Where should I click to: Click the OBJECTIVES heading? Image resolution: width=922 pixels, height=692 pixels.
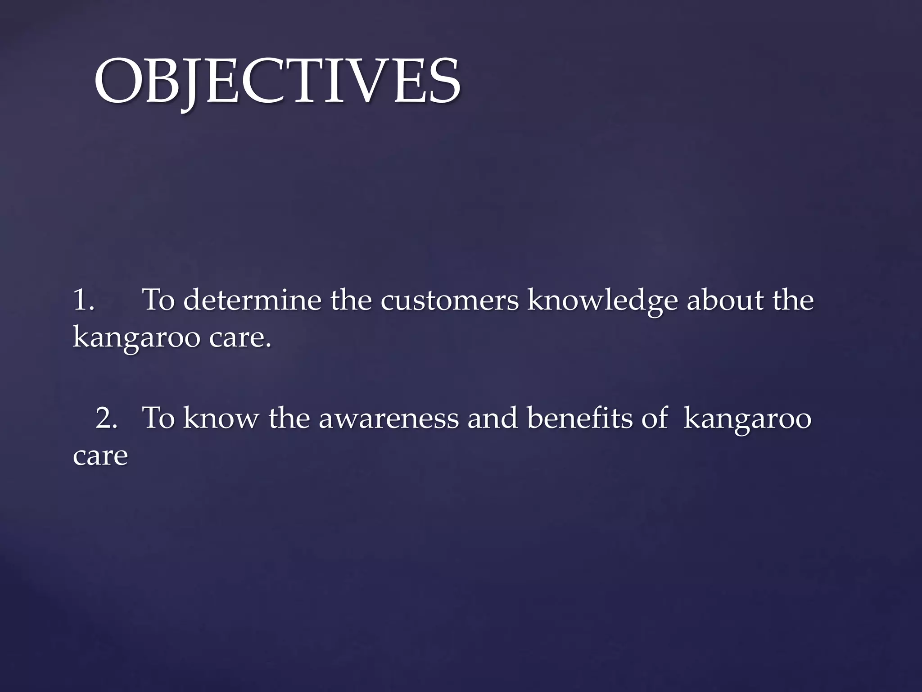[277, 81]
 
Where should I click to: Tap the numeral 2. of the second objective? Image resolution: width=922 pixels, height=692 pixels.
[107, 418]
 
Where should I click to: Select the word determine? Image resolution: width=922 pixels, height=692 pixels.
[252, 300]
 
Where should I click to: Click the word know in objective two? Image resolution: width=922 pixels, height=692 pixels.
[221, 418]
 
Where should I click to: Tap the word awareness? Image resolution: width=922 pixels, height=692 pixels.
[389, 419]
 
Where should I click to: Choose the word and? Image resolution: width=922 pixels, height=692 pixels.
[493, 418]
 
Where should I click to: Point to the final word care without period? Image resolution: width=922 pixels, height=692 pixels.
[100, 456]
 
